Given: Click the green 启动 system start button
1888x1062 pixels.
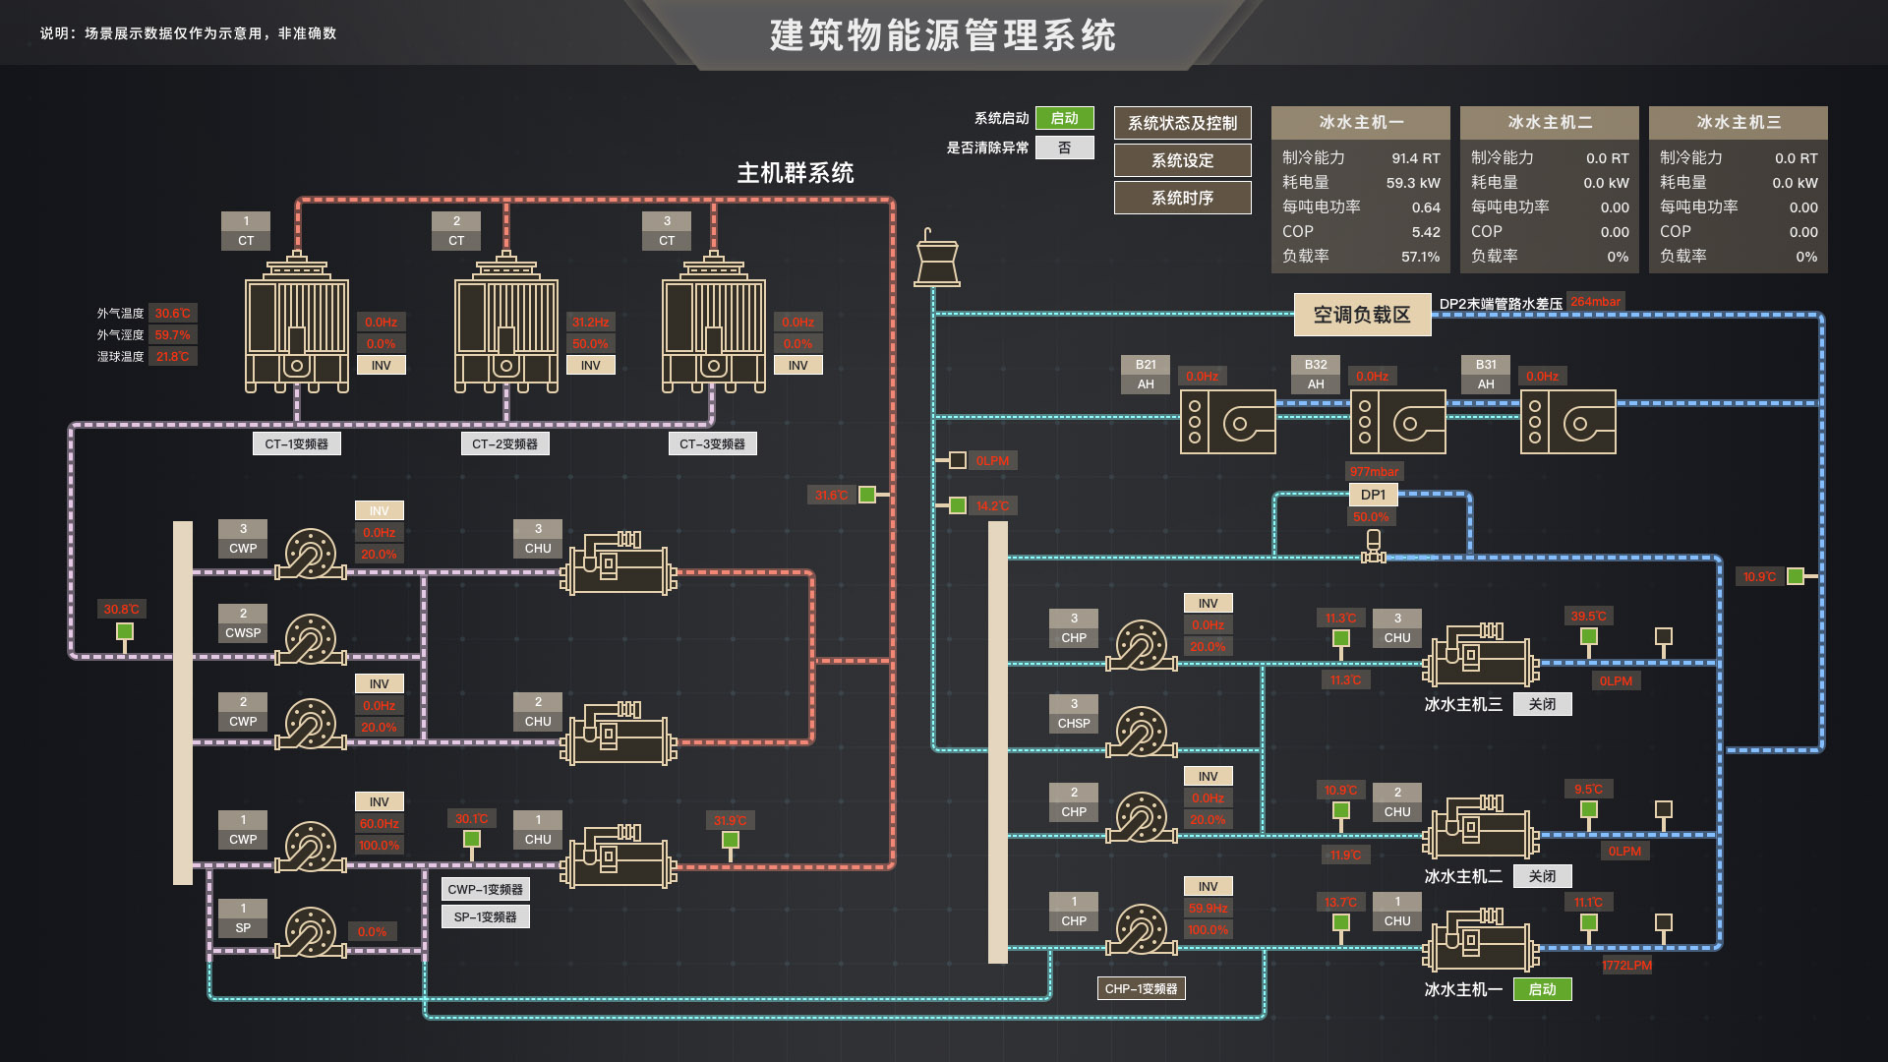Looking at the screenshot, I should tap(1064, 119).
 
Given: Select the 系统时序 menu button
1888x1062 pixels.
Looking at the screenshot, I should tap(1182, 198).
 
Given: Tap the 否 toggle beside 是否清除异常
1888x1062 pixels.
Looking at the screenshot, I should tap(1064, 148).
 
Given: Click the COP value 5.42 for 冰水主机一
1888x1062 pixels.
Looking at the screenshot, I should tap(1425, 232).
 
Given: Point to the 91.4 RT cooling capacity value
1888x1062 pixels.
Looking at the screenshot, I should tap(1415, 158).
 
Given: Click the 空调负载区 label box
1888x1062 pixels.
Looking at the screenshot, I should tap(1362, 315).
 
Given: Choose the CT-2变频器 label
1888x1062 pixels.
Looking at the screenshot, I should tap(504, 444).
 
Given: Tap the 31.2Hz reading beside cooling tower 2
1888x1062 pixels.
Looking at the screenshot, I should tap(590, 323).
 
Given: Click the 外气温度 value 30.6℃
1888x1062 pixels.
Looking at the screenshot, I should tap(173, 314).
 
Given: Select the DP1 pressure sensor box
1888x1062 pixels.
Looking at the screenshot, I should tap(1373, 495).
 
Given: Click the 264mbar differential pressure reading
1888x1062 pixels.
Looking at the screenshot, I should tap(1595, 302).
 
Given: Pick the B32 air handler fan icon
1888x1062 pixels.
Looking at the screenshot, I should tap(1397, 422).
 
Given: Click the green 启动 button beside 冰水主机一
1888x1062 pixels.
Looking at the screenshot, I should tap(1542, 989).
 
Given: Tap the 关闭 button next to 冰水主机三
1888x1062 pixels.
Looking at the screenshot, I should tap(1542, 704).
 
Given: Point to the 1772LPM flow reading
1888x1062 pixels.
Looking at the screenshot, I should tap(1626, 966).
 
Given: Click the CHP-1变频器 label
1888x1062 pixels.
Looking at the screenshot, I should tap(1141, 989).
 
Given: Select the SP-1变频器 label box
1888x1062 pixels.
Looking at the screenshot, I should tap(485, 917).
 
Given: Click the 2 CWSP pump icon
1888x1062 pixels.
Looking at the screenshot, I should tap(311, 640).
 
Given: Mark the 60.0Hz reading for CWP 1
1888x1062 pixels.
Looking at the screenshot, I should tap(379, 824).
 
